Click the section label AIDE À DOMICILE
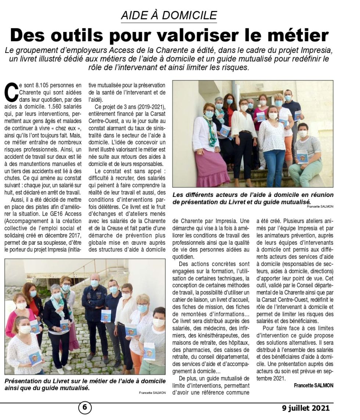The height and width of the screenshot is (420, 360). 169,15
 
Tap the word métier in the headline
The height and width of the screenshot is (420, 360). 298,35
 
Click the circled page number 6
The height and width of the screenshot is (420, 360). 84,408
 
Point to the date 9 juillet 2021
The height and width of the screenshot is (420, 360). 306,408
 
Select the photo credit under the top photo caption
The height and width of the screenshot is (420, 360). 320,207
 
